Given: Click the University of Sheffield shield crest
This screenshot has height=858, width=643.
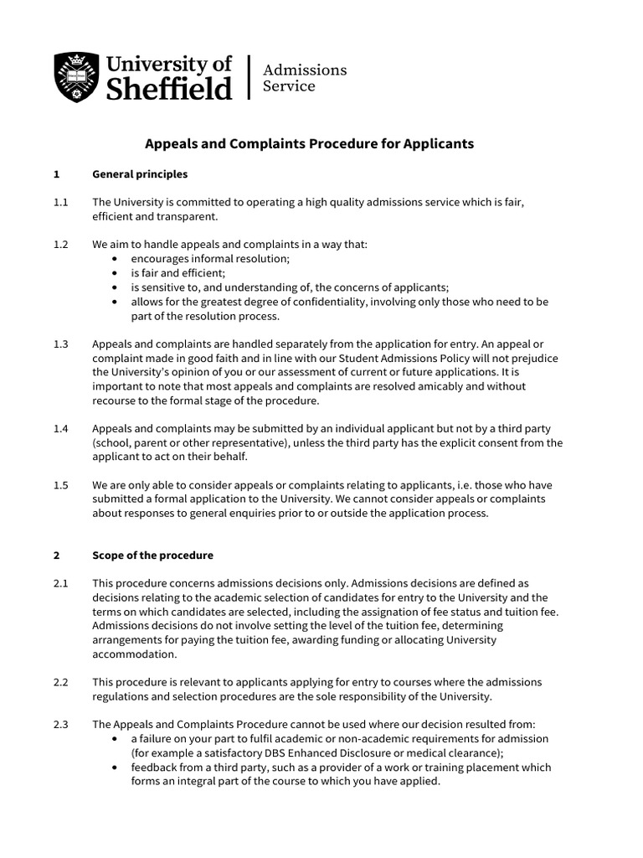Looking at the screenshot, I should [x=77, y=78].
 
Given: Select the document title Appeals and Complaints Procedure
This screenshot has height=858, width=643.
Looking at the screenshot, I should [x=309, y=144].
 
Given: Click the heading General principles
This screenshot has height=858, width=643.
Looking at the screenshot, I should [x=140, y=174].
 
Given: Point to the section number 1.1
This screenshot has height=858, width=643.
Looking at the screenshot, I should [x=60, y=203].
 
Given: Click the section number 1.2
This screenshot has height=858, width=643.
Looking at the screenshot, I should [x=60, y=245].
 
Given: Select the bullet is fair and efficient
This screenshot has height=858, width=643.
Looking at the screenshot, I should [x=177, y=273].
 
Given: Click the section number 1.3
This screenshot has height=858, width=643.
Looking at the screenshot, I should [x=60, y=344].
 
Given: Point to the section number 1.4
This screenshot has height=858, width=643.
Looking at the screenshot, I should [x=60, y=428].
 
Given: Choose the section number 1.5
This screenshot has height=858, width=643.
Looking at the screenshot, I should [x=60, y=485].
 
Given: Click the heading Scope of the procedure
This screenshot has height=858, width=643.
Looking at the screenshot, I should [x=152, y=556].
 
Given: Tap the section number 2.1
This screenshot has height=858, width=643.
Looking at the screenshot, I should [x=60, y=583].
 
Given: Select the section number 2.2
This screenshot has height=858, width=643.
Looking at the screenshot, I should [x=60, y=682].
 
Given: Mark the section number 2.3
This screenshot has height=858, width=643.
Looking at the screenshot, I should [x=60, y=725].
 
